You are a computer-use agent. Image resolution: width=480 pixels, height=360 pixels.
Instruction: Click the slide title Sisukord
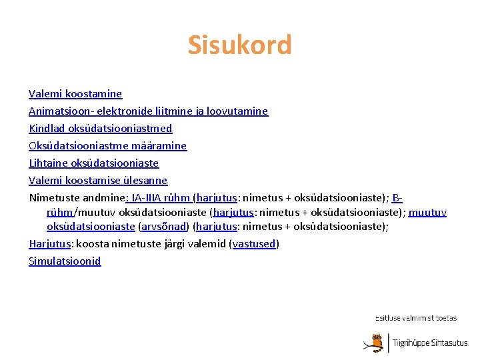pos(239,45)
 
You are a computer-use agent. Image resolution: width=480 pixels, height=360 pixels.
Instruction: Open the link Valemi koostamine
pos(75,94)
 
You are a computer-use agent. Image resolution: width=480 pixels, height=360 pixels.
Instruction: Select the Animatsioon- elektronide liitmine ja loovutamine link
pos(148,111)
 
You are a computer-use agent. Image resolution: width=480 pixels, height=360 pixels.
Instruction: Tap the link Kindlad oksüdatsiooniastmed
pos(100,129)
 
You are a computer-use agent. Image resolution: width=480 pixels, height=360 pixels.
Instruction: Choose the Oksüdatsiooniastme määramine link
pos(107,146)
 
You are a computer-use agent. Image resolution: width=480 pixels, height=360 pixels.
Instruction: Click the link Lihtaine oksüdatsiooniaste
pos(93,163)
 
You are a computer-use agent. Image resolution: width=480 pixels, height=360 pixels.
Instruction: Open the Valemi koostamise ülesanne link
pos(98,181)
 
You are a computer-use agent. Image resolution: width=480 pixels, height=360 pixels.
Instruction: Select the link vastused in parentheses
pos(254,244)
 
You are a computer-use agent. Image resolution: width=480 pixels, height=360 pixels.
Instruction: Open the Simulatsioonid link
pos(65,261)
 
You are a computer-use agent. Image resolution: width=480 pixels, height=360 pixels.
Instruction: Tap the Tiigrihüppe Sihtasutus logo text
pos(430,343)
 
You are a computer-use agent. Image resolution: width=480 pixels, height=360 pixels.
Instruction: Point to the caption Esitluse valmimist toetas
pos(416,318)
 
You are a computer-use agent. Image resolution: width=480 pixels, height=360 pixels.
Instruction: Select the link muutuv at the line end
pos(427,213)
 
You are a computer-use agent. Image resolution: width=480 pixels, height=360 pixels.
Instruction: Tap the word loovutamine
pos(237,111)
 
